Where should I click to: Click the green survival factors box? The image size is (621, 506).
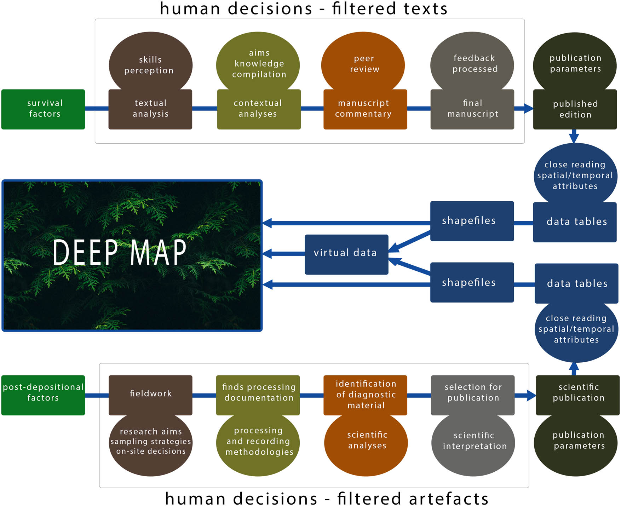[43, 109]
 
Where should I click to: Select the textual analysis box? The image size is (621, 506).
[150, 109]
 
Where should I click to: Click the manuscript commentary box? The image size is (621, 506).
[365, 109]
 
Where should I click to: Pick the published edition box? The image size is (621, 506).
[575, 109]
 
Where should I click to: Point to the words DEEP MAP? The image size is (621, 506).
[119, 252]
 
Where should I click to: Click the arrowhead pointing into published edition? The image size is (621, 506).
[529, 108]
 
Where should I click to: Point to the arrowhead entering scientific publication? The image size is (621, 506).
[531, 395]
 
